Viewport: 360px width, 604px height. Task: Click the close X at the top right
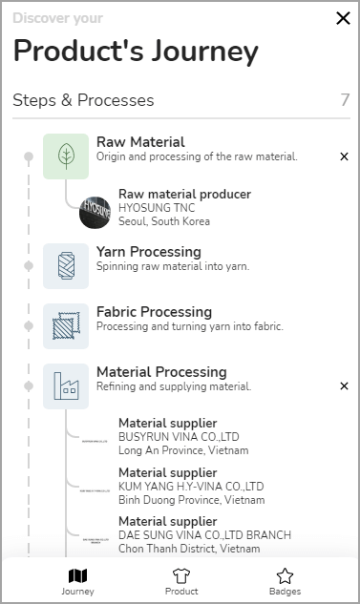click(343, 18)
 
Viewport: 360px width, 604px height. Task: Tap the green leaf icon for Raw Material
click(66, 156)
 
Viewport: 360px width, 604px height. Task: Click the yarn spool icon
click(66, 265)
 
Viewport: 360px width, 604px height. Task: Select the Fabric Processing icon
click(66, 325)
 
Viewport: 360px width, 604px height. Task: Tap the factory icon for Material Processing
click(66, 385)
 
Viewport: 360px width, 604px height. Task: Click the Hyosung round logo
click(96, 211)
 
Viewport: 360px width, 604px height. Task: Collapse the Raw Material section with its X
click(344, 156)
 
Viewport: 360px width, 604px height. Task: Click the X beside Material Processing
click(344, 385)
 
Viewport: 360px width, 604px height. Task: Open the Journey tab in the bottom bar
click(77, 580)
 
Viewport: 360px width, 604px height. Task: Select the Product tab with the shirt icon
click(181, 580)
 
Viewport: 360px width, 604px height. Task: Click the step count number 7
click(345, 100)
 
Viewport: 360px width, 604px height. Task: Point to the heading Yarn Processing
click(148, 252)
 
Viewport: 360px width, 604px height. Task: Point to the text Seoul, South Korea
click(163, 221)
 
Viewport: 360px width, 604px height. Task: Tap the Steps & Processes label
click(83, 100)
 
